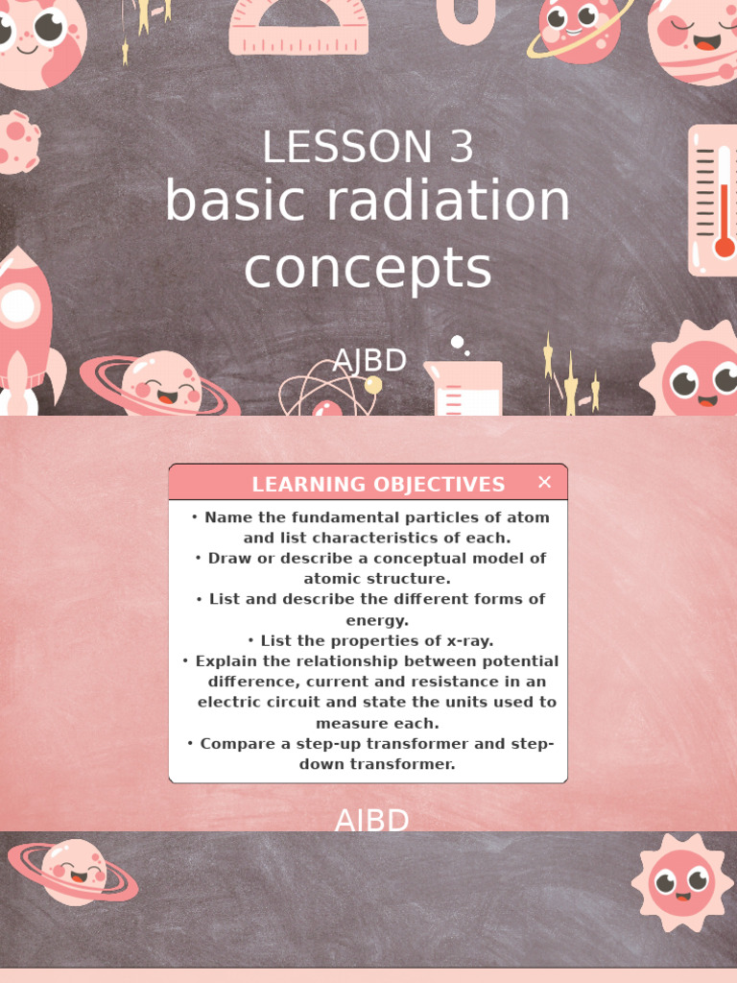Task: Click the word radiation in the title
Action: click(448, 203)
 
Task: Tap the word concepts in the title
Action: click(368, 269)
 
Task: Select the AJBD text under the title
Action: click(369, 361)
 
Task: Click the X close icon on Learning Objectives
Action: click(544, 482)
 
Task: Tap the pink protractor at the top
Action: click(298, 26)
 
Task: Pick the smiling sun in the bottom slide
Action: click(681, 882)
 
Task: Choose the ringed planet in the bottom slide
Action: click(74, 871)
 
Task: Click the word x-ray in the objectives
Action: click(464, 640)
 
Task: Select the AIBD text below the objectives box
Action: click(371, 821)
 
